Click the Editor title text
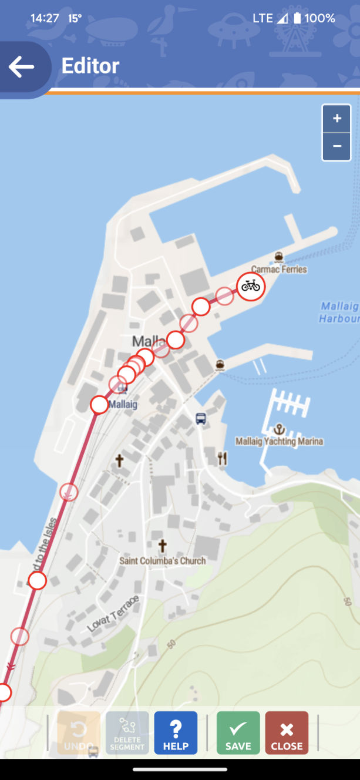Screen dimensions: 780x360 click(x=90, y=66)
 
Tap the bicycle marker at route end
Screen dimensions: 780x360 click(x=251, y=286)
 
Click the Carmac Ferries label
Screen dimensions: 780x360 click(x=279, y=270)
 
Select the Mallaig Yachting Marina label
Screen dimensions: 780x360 click(x=279, y=441)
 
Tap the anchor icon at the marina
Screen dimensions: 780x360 click(x=280, y=429)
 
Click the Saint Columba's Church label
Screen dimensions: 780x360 click(x=163, y=560)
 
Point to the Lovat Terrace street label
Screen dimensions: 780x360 click(x=114, y=613)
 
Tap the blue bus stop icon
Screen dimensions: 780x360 click(x=201, y=419)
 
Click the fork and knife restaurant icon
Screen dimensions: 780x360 click(x=222, y=458)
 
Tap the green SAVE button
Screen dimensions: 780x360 click(x=238, y=732)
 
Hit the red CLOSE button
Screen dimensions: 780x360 click(x=287, y=732)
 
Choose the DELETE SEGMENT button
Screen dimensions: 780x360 click(x=127, y=732)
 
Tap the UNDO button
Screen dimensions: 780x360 click(x=79, y=732)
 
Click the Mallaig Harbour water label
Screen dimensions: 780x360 click(x=339, y=312)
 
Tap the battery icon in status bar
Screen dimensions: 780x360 click(x=297, y=18)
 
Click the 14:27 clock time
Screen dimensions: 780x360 click(x=45, y=18)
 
